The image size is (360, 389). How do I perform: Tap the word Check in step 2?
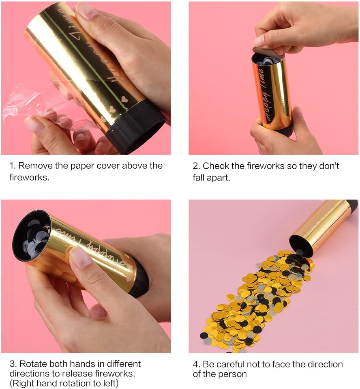[216, 166]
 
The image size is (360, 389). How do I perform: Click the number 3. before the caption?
[13, 364]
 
